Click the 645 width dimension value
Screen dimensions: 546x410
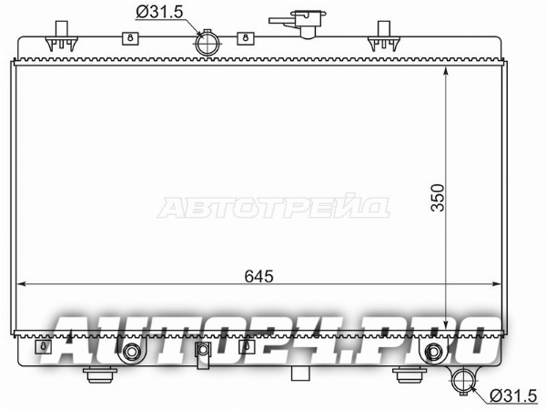(259, 276)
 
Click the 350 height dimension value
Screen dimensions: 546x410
(438, 198)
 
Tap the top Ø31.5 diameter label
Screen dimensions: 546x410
(159, 12)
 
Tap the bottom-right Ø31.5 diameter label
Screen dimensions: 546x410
(513, 396)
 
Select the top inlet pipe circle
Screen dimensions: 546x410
(208, 43)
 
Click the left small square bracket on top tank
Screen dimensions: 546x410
(130, 38)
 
